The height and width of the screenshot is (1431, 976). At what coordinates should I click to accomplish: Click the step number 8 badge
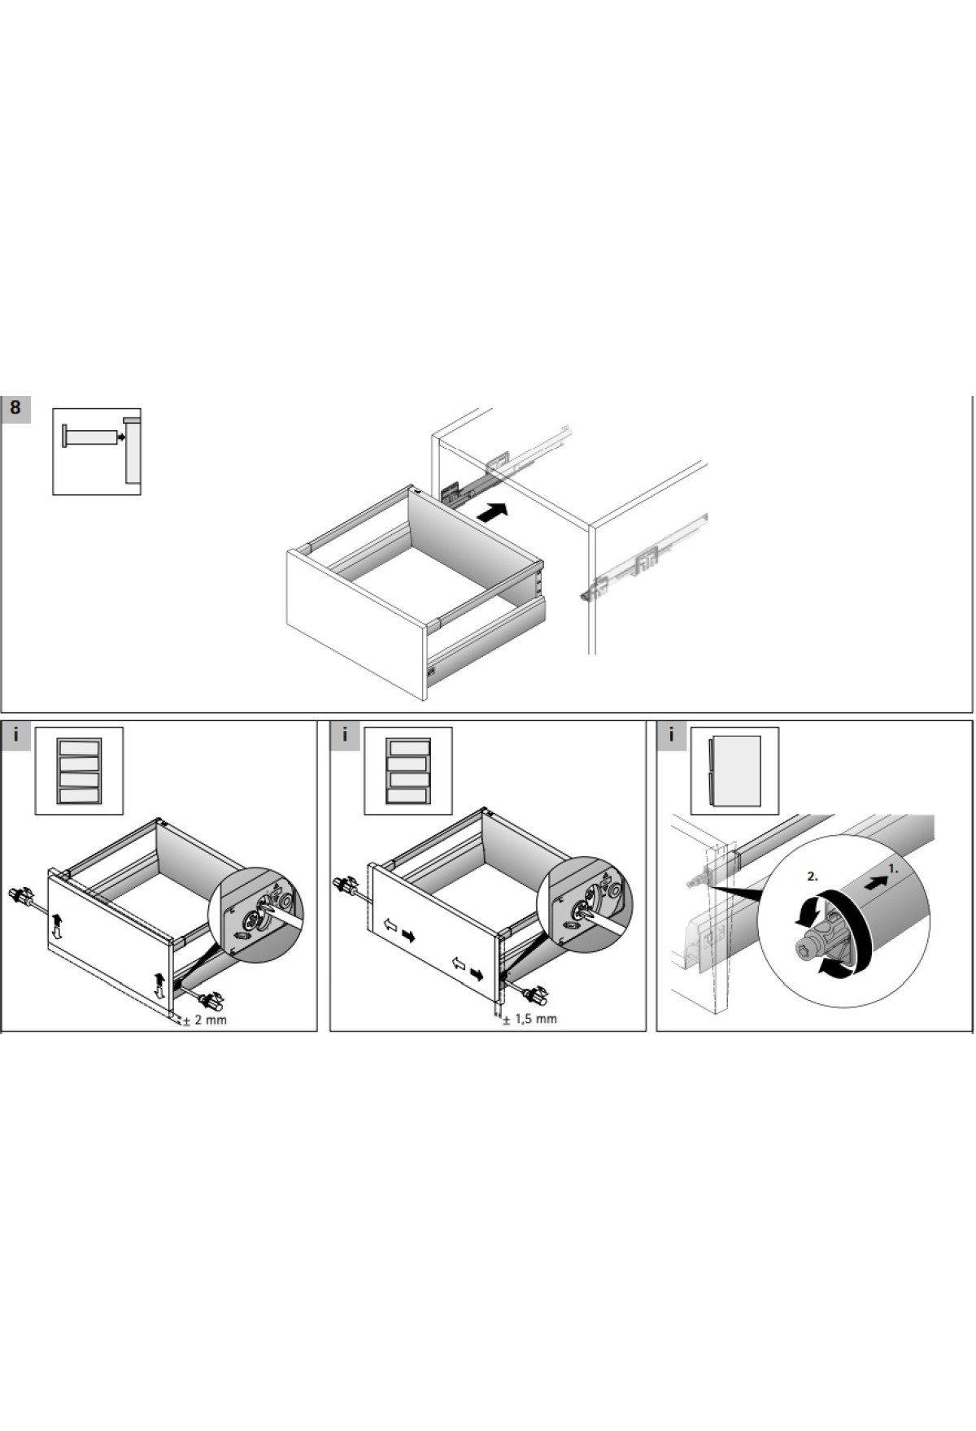point(16,409)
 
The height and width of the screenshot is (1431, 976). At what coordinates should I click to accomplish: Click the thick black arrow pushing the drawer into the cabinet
point(491,513)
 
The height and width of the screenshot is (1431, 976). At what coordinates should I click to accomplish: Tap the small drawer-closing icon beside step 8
point(97,451)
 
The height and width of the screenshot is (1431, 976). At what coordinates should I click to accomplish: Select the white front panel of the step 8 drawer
point(356,622)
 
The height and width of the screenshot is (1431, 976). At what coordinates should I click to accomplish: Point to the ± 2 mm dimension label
point(205,1020)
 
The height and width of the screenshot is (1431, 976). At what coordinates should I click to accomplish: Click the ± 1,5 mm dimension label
point(529,1019)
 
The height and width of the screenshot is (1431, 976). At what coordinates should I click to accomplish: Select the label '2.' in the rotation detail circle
point(812,876)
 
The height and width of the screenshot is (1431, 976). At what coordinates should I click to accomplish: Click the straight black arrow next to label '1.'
point(875,882)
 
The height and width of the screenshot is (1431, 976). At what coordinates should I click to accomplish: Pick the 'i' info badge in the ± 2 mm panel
point(16,736)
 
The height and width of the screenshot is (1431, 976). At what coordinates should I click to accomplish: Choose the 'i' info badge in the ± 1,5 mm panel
point(345,736)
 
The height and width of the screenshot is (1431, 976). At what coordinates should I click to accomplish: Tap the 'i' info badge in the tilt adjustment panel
point(672,736)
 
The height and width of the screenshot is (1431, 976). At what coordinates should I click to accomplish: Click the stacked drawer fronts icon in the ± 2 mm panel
point(79,771)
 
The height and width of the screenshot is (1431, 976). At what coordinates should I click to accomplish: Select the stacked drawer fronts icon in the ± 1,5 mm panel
point(407,771)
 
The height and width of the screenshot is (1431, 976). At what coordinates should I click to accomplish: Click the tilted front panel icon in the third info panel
point(735,771)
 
